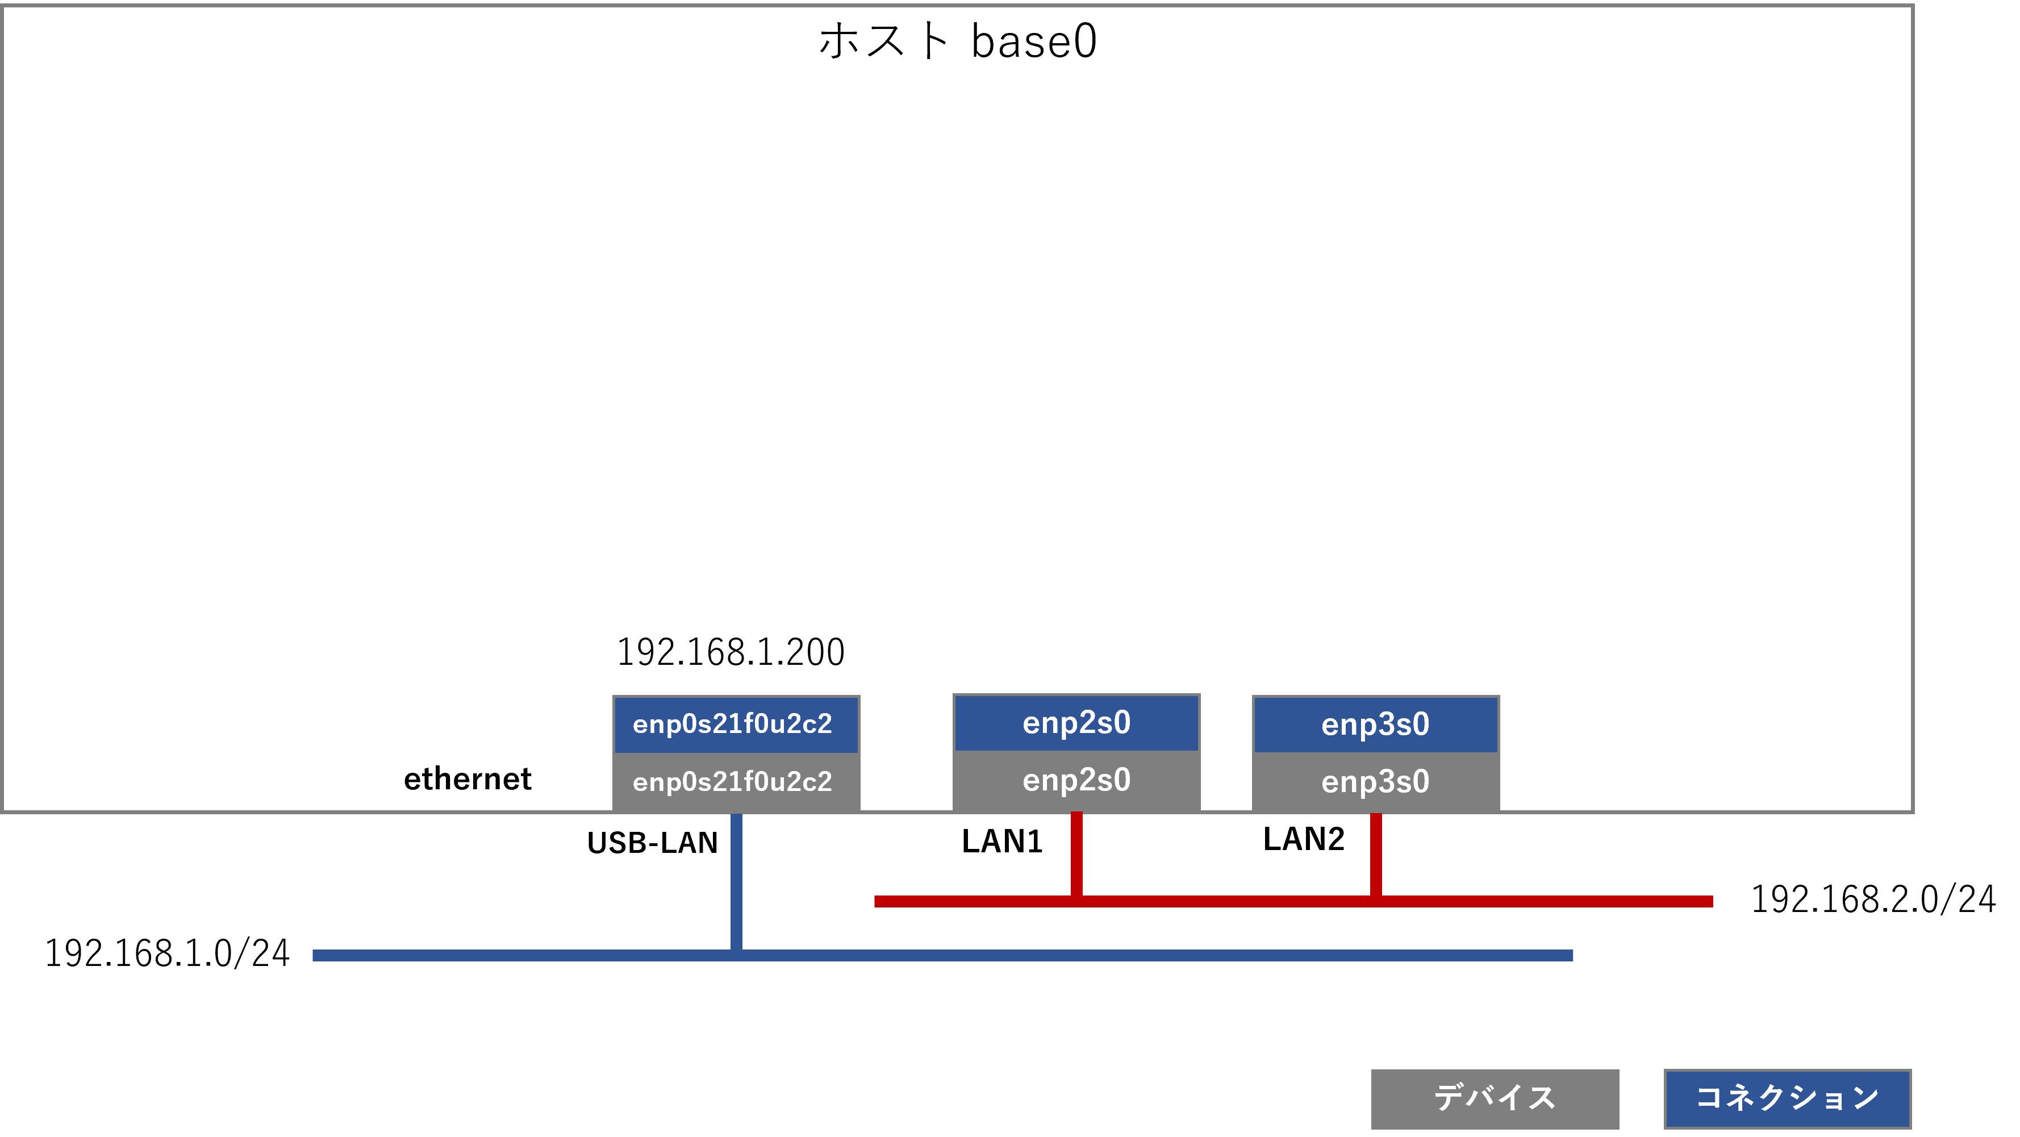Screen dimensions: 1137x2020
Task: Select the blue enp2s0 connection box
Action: pos(1076,722)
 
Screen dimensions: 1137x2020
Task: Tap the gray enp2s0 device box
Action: pos(1076,780)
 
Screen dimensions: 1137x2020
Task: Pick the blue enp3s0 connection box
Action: pos(1375,724)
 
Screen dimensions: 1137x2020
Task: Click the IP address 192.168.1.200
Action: pos(731,652)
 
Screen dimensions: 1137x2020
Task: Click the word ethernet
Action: pos(468,778)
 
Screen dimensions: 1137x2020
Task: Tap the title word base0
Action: pos(1033,41)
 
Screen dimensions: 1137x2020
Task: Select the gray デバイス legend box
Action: pos(1495,1098)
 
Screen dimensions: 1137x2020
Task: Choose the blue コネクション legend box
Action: pos(1787,1098)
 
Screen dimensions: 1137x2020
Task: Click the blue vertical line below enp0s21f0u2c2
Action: pos(736,878)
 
